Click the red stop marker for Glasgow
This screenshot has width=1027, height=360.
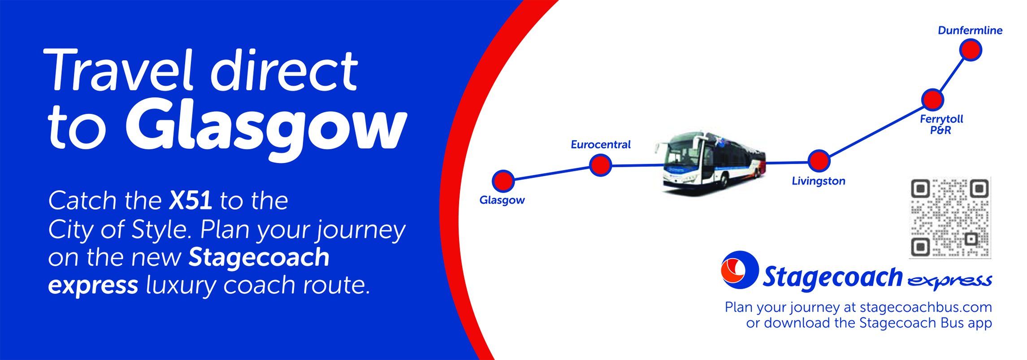(503, 181)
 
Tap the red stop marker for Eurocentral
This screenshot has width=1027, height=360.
(600, 165)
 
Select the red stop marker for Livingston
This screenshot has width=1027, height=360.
(819, 160)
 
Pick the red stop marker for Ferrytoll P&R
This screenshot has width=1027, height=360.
(932, 99)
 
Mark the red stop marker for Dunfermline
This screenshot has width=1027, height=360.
(971, 50)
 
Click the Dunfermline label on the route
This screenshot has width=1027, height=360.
(970, 30)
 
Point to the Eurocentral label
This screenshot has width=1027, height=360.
(601, 144)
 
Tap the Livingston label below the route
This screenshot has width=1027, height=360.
(819, 181)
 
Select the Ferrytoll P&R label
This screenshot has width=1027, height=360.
(941, 125)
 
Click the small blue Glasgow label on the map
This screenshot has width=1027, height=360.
(502, 200)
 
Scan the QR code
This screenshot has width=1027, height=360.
(950, 218)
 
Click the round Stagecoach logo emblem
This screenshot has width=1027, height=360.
(739, 269)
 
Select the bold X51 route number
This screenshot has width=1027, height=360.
(191, 200)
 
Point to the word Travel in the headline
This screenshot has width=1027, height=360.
(118, 70)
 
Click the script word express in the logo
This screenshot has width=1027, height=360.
(949, 281)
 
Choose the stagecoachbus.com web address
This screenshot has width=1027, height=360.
(926, 307)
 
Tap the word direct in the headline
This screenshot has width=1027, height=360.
(284, 69)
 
